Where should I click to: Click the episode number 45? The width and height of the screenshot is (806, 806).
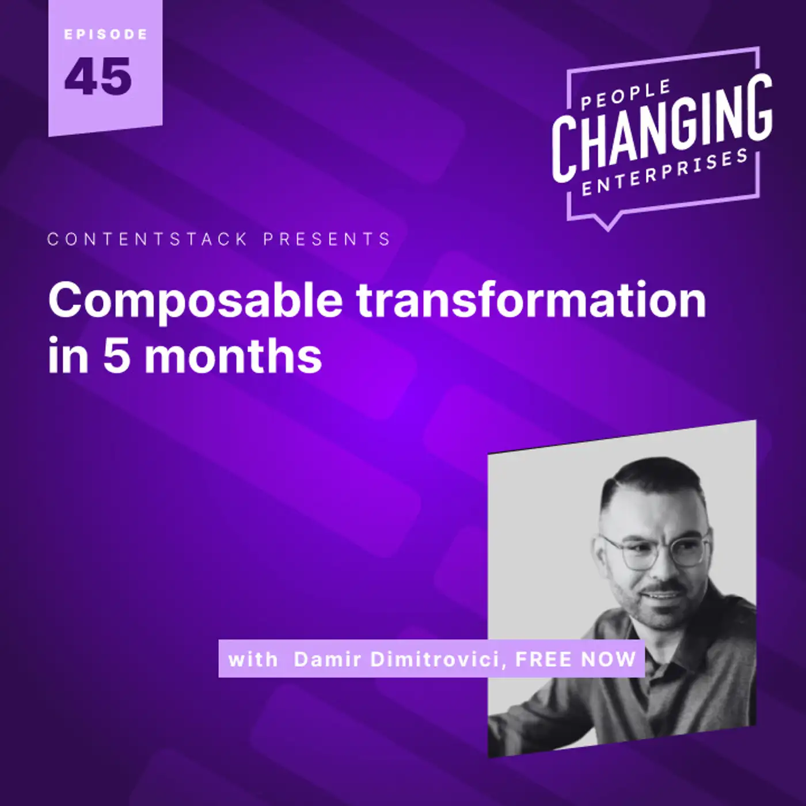[98, 77]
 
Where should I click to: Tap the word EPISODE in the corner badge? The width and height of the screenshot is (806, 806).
[106, 35]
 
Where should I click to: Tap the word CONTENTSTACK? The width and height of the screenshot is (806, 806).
[147, 239]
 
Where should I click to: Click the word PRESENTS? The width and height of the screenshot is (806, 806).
[327, 239]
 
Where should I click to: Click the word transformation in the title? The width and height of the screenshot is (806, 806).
[531, 299]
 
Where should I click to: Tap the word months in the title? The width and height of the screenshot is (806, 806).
[233, 356]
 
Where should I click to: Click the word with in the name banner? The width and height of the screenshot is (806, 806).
[253, 660]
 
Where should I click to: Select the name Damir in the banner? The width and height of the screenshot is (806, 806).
[328, 660]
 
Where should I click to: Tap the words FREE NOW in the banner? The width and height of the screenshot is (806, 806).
[576, 660]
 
